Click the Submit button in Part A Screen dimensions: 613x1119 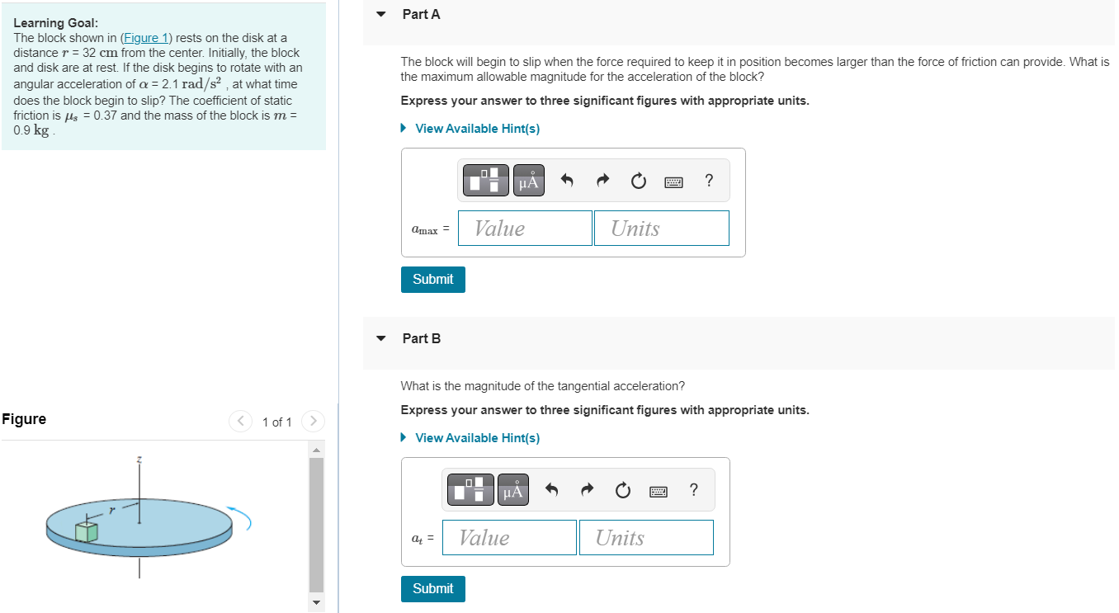point(432,280)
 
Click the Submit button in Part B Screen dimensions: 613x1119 point(432,589)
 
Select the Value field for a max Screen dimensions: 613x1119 point(525,229)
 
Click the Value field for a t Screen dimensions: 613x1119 point(509,538)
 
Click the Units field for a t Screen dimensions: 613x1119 point(645,538)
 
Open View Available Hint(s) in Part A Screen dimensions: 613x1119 point(477,129)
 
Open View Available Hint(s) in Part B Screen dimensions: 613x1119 point(477,438)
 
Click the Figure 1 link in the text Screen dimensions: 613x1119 point(146,38)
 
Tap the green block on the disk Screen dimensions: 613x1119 point(86,531)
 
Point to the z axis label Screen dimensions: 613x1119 point(139,459)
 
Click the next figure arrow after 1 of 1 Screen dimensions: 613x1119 point(313,422)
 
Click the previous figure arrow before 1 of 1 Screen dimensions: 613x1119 point(240,422)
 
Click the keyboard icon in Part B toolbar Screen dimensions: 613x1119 point(658,491)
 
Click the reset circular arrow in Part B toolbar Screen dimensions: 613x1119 point(623,491)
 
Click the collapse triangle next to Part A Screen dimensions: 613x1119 point(380,14)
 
